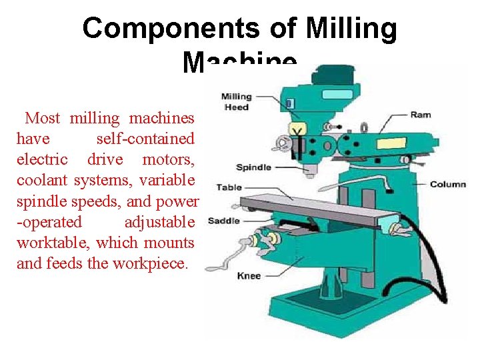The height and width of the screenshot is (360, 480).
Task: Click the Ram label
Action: click(x=421, y=115)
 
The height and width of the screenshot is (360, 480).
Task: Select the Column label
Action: click(x=447, y=184)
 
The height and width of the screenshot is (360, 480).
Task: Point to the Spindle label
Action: click(x=254, y=167)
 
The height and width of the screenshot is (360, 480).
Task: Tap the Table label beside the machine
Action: click(x=229, y=187)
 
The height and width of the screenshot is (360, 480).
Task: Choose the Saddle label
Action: click(x=224, y=221)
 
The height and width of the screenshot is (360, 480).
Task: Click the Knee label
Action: click(x=249, y=275)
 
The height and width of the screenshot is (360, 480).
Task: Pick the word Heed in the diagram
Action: click(x=236, y=107)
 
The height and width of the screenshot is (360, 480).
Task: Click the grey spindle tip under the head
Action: click(x=308, y=172)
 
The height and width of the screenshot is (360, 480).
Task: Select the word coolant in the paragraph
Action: click(x=43, y=180)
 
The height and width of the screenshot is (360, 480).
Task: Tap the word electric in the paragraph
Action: click(x=42, y=159)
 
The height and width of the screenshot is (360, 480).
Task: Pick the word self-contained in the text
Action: click(x=145, y=139)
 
